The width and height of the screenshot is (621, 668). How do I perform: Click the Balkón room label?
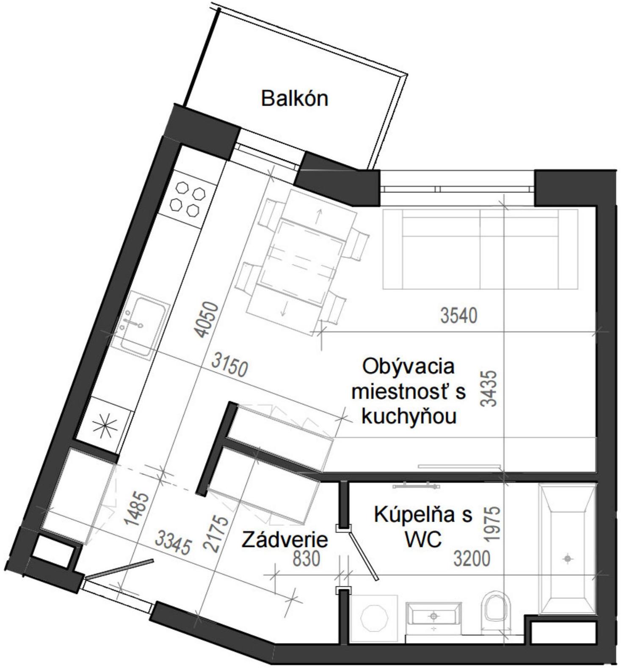click(x=294, y=99)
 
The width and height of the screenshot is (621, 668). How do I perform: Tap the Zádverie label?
click(x=285, y=540)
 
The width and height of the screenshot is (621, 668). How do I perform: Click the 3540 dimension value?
click(x=458, y=316)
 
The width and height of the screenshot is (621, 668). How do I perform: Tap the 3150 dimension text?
click(x=229, y=365)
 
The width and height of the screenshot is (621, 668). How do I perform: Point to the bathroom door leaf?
click(x=362, y=557)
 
